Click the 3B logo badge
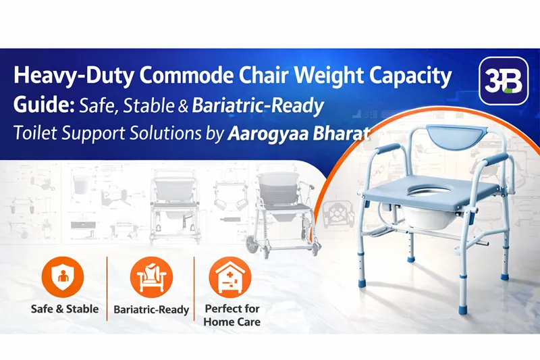pyautogui.click(x=504, y=80)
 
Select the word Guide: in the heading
pyautogui.click(x=44, y=105)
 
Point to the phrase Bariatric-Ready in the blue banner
pyautogui.click(x=258, y=106)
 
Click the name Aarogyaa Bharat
pyautogui.click(x=299, y=134)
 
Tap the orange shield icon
pyautogui.click(x=63, y=278)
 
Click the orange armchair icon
pyautogui.click(x=151, y=278)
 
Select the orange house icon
pyautogui.click(x=230, y=278)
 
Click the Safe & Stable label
pyautogui.click(x=65, y=309)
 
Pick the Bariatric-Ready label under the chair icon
pyautogui.click(x=151, y=309)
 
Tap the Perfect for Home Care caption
pyautogui.click(x=232, y=315)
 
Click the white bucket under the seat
pyautogui.click(x=425, y=215)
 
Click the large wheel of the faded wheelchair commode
pyautogui.click(x=255, y=244)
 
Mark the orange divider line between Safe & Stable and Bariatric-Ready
pyautogui.click(x=107, y=288)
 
